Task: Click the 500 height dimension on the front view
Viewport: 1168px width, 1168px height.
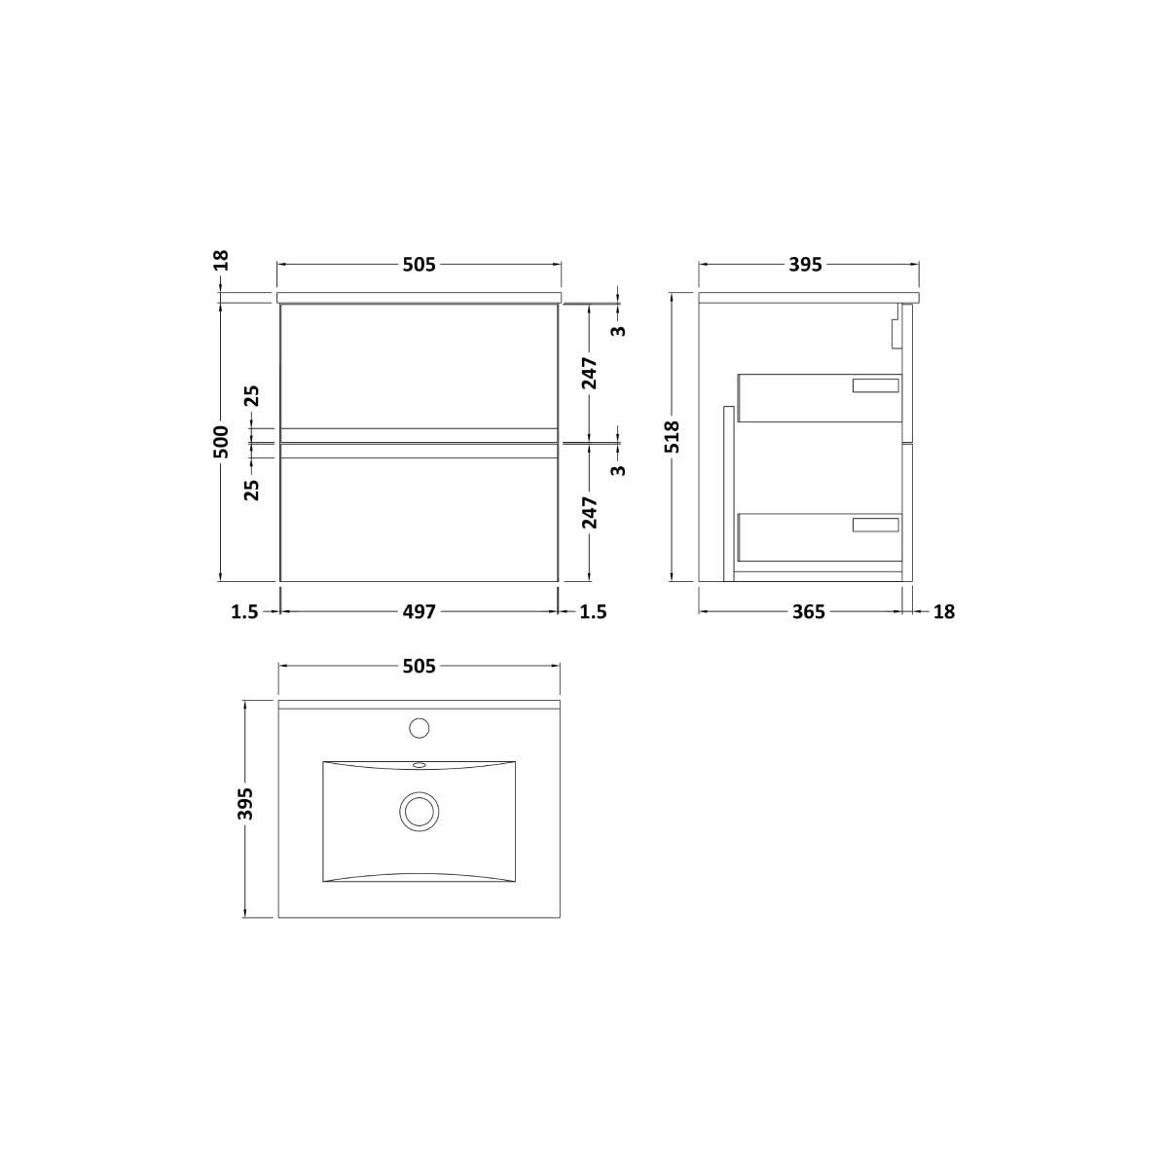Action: point(223,441)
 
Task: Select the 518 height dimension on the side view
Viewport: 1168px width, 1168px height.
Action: point(673,437)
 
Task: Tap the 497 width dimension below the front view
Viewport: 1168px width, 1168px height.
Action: point(420,612)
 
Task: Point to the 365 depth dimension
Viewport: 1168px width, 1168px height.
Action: point(809,612)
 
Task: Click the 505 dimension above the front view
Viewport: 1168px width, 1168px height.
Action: point(420,265)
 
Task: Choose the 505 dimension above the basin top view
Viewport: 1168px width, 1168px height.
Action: point(420,667)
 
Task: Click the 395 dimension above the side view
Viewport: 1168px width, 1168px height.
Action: point(806,265)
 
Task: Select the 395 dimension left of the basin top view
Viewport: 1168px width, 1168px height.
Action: point(245,804)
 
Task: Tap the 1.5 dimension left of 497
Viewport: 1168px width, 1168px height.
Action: point(245,612)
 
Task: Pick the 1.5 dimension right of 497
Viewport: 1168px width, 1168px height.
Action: point(593,612)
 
